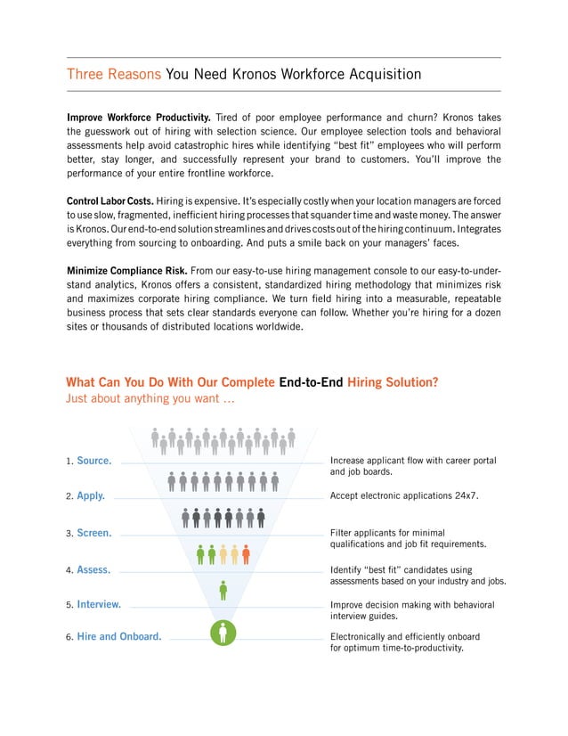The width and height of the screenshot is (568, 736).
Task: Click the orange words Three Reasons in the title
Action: [114, 74]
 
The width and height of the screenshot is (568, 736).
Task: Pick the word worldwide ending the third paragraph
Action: [276, 326]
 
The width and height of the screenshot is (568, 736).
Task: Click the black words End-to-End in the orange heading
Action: [311, 382]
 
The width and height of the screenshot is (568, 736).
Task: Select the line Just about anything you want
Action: [150, 398]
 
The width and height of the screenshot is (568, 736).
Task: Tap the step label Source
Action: [93, 461]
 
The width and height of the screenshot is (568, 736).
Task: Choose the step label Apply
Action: [91, 495]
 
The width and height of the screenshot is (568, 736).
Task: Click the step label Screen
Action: [93, 533]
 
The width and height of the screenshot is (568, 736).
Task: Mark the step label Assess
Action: [93, 569]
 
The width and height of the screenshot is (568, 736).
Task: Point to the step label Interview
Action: [99, 604]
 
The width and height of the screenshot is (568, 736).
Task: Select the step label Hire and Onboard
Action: [118, 636]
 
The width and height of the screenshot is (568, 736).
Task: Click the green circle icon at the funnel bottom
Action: [223, 632]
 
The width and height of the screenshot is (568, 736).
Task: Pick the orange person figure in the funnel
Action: [246, 553]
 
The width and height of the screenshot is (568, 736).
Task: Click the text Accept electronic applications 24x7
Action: [404, 495]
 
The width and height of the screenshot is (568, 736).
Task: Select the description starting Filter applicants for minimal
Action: [408, 537]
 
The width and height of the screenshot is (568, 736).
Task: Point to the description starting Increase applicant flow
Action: [412, 466]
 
